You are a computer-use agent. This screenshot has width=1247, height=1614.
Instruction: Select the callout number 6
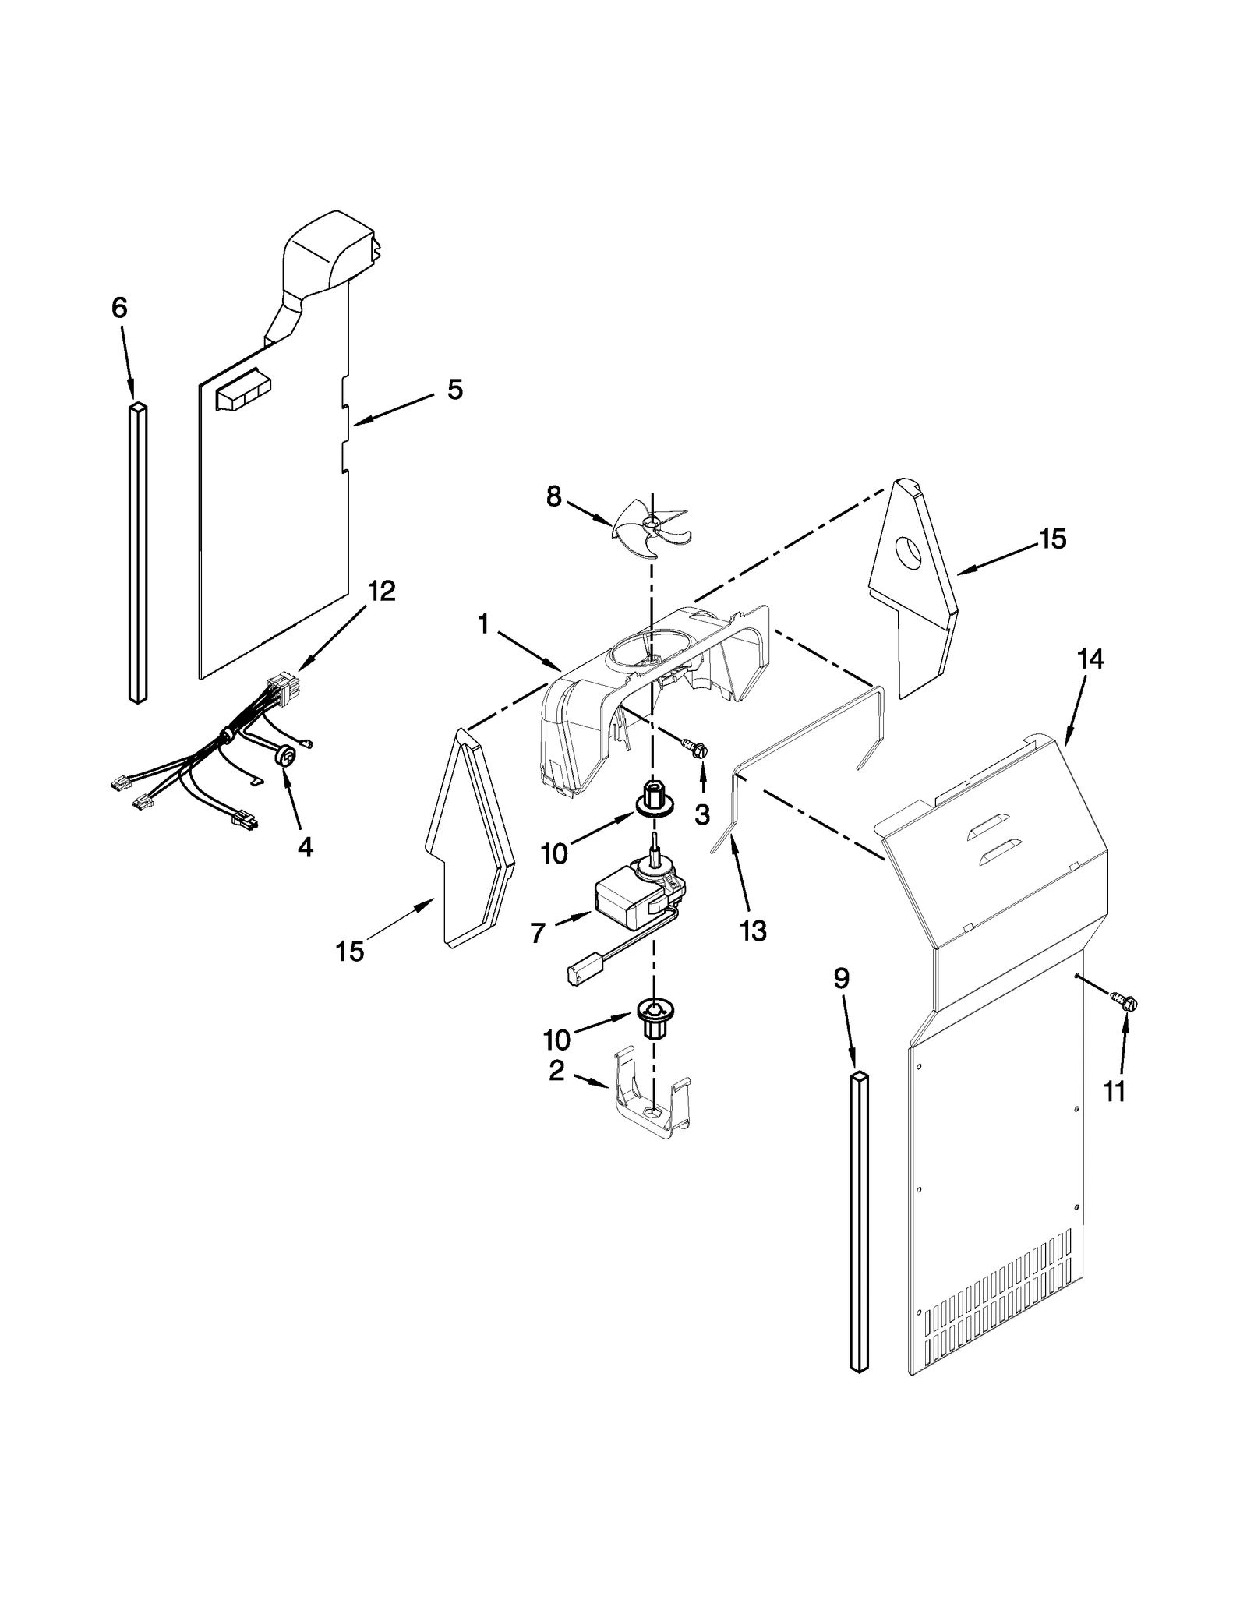[x=119, y=309]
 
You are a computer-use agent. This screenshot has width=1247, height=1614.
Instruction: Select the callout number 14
[x=1090, y=659]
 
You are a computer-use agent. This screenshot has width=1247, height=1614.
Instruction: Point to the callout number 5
[x=455, y=389]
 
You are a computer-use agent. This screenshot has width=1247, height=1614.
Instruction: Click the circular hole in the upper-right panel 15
[x=908, y=550]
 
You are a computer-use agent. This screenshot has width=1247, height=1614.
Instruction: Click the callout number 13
[x=754, y=931]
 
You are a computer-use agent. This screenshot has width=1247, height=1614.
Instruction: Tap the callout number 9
[x=841, y=980]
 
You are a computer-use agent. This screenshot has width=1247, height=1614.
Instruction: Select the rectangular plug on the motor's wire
[x=578, y=973]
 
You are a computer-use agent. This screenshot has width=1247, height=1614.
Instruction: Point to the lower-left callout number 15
[x=350, y=951]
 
